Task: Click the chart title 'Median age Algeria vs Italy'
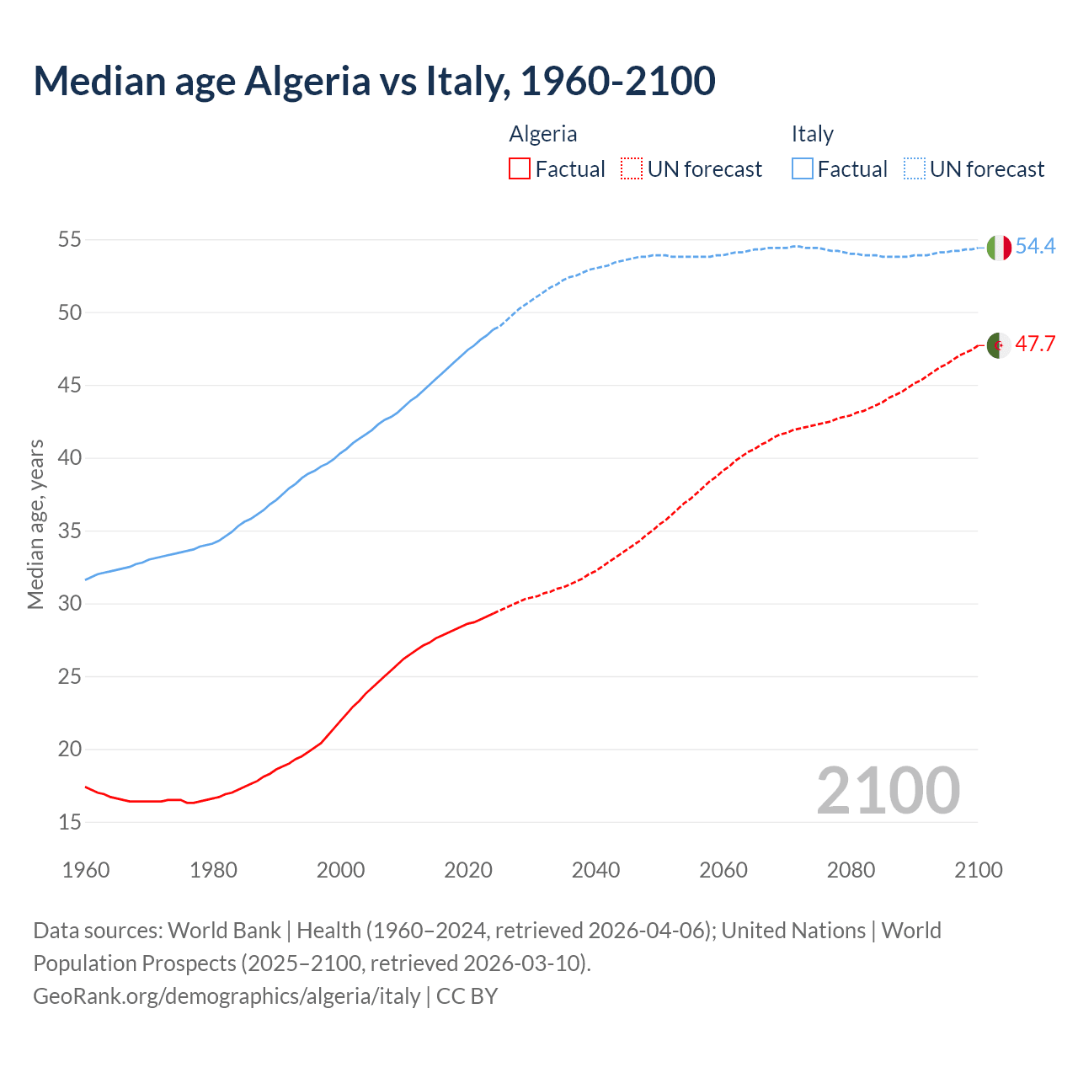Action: point(374,81)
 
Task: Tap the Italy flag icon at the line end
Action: point(998,248)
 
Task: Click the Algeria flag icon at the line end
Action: point(998,345)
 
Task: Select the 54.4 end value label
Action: point(1035,247)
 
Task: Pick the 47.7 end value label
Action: point(1035,344)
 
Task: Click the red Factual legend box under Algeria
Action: point(520,169)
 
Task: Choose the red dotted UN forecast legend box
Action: point(632,169)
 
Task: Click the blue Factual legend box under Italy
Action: point(803,169)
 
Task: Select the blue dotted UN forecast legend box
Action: point(915,169)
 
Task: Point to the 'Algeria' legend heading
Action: point(543,134)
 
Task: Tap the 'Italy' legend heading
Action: point(812,134)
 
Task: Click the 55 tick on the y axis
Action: point(69,240)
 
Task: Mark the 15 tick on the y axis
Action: point(69,822)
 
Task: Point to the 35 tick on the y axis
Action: point(69,531)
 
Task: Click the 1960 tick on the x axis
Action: point(86,870)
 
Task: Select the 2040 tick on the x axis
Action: point(595,870)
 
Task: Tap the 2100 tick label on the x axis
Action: point(979,870)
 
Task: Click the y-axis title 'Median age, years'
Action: point(35,524)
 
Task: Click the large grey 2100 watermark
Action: point(888,790)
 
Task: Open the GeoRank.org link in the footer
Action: point(227,996)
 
